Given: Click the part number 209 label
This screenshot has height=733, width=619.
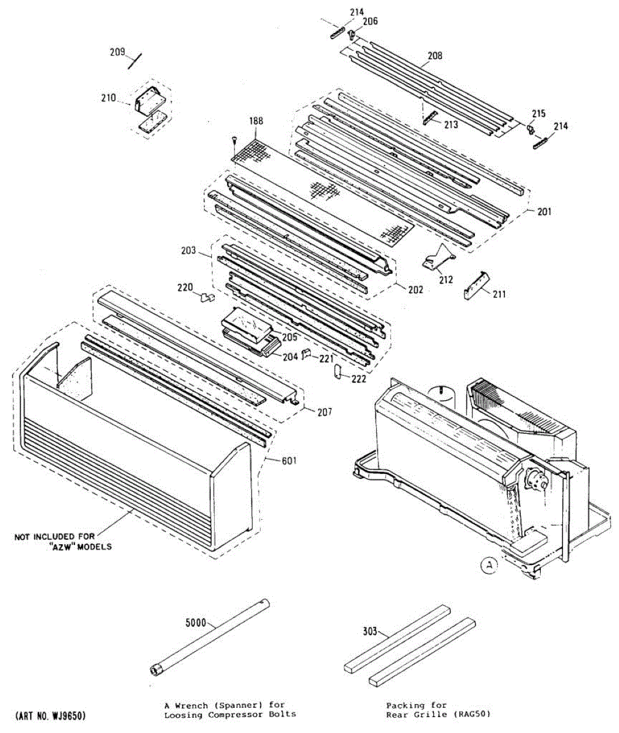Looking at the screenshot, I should pos(117,52).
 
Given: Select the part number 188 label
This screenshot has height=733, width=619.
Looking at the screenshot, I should pos(255,122).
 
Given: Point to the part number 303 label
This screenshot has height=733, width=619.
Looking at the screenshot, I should pos(369,632).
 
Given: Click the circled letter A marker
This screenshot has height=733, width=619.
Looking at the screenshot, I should pos(488,566).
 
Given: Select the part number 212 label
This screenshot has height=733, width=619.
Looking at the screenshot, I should pos(446,280).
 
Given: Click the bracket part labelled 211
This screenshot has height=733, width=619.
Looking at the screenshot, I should pos(476,285).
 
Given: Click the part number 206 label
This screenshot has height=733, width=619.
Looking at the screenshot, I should pos(370,21).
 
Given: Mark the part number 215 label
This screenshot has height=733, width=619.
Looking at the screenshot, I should pos(538,114).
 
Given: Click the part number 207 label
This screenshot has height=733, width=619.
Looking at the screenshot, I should pos(324,412).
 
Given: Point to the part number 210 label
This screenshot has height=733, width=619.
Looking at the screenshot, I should pos(109,97).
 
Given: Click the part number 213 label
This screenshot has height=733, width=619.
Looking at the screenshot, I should pos(451,125).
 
